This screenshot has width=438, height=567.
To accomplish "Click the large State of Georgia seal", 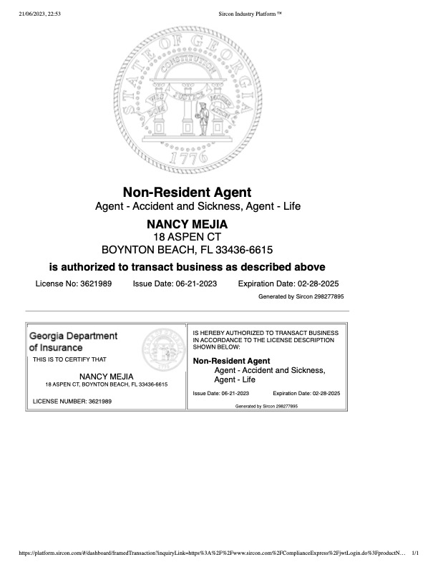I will [x=188, y=100].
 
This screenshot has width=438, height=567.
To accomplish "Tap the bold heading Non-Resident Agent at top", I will [x=188, y=192].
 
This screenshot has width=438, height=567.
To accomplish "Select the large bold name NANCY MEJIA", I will [x=187, y=224].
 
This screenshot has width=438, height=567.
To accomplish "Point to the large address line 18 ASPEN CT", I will [x=188, y=236].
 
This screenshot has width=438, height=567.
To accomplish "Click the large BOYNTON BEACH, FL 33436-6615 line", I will [x=188, y=250].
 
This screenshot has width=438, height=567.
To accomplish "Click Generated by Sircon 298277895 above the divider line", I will [x=301, y=296].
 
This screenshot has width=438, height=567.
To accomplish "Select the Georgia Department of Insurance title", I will [x=73, y=341].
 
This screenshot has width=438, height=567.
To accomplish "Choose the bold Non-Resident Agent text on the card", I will [x=228, y=360].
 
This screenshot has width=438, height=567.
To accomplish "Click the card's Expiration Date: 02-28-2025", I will [x=306, y=394].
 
